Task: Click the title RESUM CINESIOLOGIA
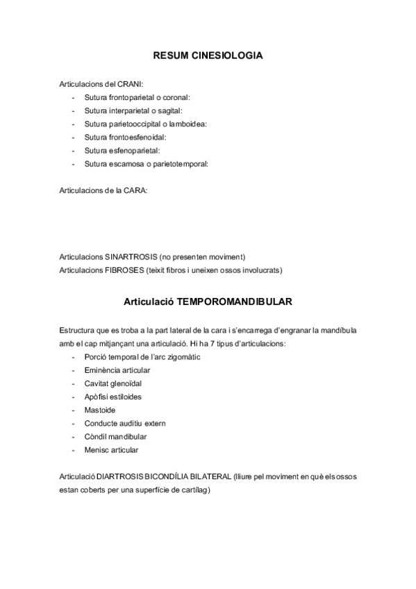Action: tap(208, 56)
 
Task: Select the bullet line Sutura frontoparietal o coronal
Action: tap(137, 97)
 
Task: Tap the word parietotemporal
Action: tap(180, 164)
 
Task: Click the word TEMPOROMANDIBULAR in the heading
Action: tap(234, 302)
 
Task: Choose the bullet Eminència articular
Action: tap(117, 370)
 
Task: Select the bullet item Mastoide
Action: tap(99, 410)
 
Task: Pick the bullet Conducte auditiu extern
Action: tap(125, 423)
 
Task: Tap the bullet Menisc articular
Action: tap(111, 449)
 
